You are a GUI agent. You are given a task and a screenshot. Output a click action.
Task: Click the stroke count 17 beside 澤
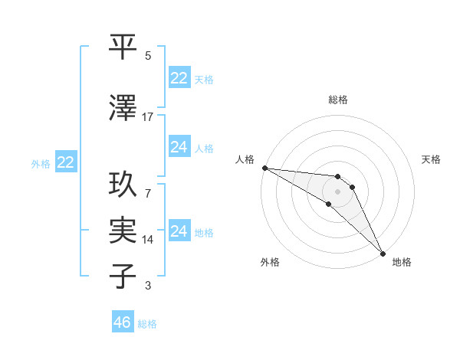tap(148, 117)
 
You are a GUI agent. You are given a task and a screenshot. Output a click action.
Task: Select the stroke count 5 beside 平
tap(148, 56)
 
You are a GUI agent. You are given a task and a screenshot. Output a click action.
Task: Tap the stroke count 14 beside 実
tap(148, 239)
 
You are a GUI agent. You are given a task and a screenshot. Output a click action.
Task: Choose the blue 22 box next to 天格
tap(179, 78)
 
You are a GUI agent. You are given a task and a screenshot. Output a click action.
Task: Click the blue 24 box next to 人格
tap(179, 147)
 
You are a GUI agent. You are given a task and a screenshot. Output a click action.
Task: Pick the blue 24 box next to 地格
tap(179, 231)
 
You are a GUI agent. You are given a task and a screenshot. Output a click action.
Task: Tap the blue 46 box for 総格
tap(123, 322)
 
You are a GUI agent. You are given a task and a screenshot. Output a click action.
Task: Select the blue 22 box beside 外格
tap(66, 162)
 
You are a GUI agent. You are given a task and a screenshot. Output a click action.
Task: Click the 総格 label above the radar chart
tap(337, 100)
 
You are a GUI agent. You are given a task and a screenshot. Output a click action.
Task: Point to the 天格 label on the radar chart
tap(431, 159)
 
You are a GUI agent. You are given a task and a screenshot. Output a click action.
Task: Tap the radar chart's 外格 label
tap(270, 262)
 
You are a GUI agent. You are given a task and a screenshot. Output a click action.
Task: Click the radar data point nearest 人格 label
tap(264, 168)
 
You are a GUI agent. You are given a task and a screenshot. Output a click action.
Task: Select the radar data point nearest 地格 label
tap(383, 253)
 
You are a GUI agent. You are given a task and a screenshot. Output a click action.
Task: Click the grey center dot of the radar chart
tap(337, 191)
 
